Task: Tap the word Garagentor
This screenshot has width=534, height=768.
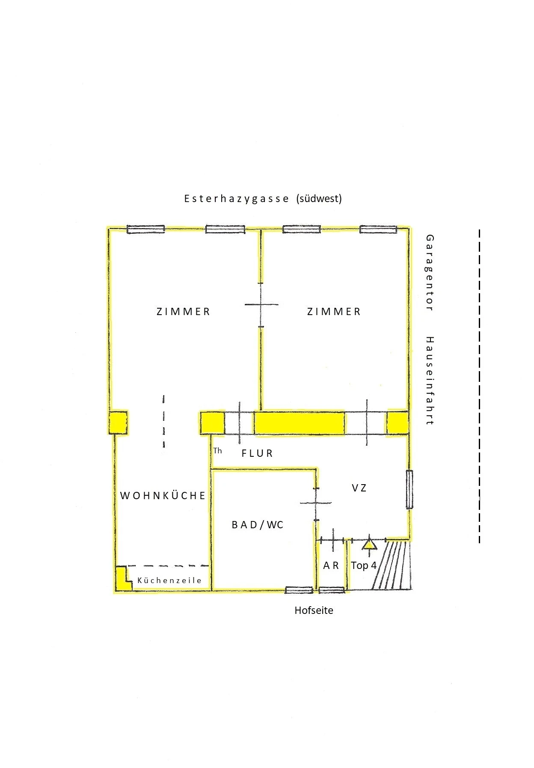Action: pyautogui.click(x=430, y=273)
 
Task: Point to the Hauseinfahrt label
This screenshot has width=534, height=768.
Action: pyautogui.click(x=430, y=381)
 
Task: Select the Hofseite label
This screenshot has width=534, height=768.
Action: pyautogui.click(x=314, y=610)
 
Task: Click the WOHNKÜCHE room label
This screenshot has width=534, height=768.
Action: pyautogui.click(x=163, y=495)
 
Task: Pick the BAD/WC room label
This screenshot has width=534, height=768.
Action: pyautogui.click(x=258, y=525)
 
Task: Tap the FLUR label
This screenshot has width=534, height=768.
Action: pyautogui.click(x=257, y=453)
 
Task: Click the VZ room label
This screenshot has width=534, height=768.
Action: pyautogui.click(x=359, y=488)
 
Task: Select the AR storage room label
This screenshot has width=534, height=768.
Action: pyautogui.click(x=331, y=566)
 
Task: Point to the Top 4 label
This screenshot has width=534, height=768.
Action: pyautogui.click(x=364, y=566)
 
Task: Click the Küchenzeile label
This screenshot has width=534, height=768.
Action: pyautogui.click(x=169, y=580)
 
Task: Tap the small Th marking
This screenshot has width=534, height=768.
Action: pyautogui.click(x=218, y=450)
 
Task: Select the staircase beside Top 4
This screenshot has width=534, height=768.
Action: pyautogui.click(x=392, y=565)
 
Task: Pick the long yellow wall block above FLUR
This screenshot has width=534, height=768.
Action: pyautogui.click(x=300, y=423)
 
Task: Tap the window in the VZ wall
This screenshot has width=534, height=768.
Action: pyautogui.click(x=409, y=489)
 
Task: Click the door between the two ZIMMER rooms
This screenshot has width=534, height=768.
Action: pyautogui.click(x=261, y=305)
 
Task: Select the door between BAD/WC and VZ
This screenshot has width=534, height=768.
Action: pyautogui.click(x=316, y=503)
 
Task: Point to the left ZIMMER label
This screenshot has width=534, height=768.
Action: pyautogui.click(x=183, y=312)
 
